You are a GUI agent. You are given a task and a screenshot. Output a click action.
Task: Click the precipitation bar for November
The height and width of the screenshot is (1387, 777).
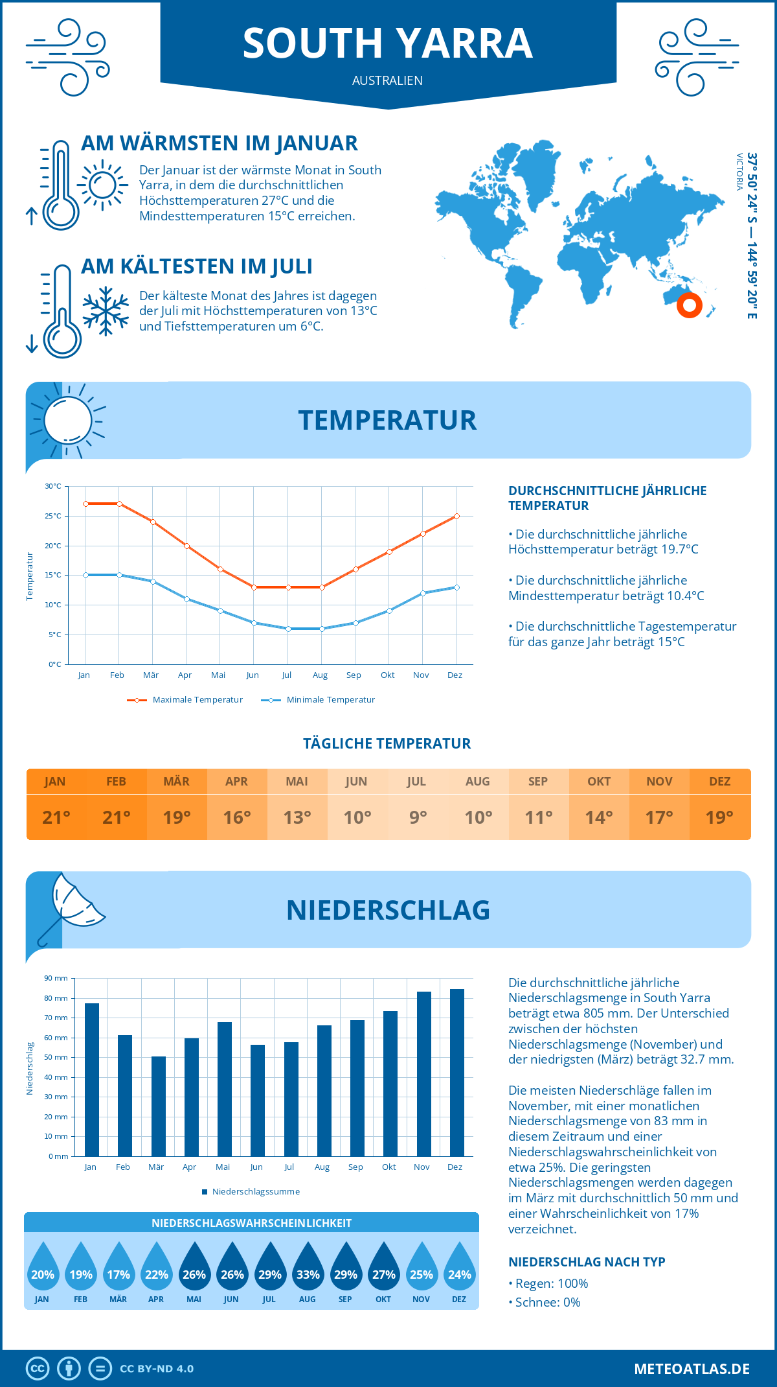423,1074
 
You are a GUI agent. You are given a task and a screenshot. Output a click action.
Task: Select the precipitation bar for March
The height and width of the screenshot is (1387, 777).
158,1106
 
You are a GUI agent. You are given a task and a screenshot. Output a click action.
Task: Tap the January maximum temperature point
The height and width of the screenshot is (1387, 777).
85,504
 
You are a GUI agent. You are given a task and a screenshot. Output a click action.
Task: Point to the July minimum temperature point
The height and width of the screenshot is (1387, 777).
288,629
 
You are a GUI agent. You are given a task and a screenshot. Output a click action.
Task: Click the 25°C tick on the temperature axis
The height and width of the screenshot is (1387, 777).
53,516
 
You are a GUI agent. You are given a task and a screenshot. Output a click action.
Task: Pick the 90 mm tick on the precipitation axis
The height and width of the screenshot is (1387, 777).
56,978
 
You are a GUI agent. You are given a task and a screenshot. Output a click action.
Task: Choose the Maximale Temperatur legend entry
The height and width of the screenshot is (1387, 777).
185,700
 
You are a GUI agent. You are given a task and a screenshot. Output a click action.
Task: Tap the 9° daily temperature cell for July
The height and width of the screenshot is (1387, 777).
418,817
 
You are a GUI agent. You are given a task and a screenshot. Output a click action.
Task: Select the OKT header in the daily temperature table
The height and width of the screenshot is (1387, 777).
599,782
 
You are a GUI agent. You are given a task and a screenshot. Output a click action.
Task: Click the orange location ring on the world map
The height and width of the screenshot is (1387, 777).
690,305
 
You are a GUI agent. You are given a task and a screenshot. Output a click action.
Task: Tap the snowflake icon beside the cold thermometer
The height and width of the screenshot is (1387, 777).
106,311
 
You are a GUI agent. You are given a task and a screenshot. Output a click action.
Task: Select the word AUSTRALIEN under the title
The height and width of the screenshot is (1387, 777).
387,80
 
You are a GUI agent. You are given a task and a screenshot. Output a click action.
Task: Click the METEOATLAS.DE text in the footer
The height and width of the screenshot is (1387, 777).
692,1369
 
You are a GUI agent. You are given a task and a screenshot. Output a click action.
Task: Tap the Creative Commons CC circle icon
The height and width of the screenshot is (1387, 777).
38,1369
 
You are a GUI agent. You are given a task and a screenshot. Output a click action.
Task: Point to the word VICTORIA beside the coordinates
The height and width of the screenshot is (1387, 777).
739,172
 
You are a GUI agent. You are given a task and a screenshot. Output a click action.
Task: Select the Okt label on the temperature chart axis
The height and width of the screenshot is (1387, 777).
387,675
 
